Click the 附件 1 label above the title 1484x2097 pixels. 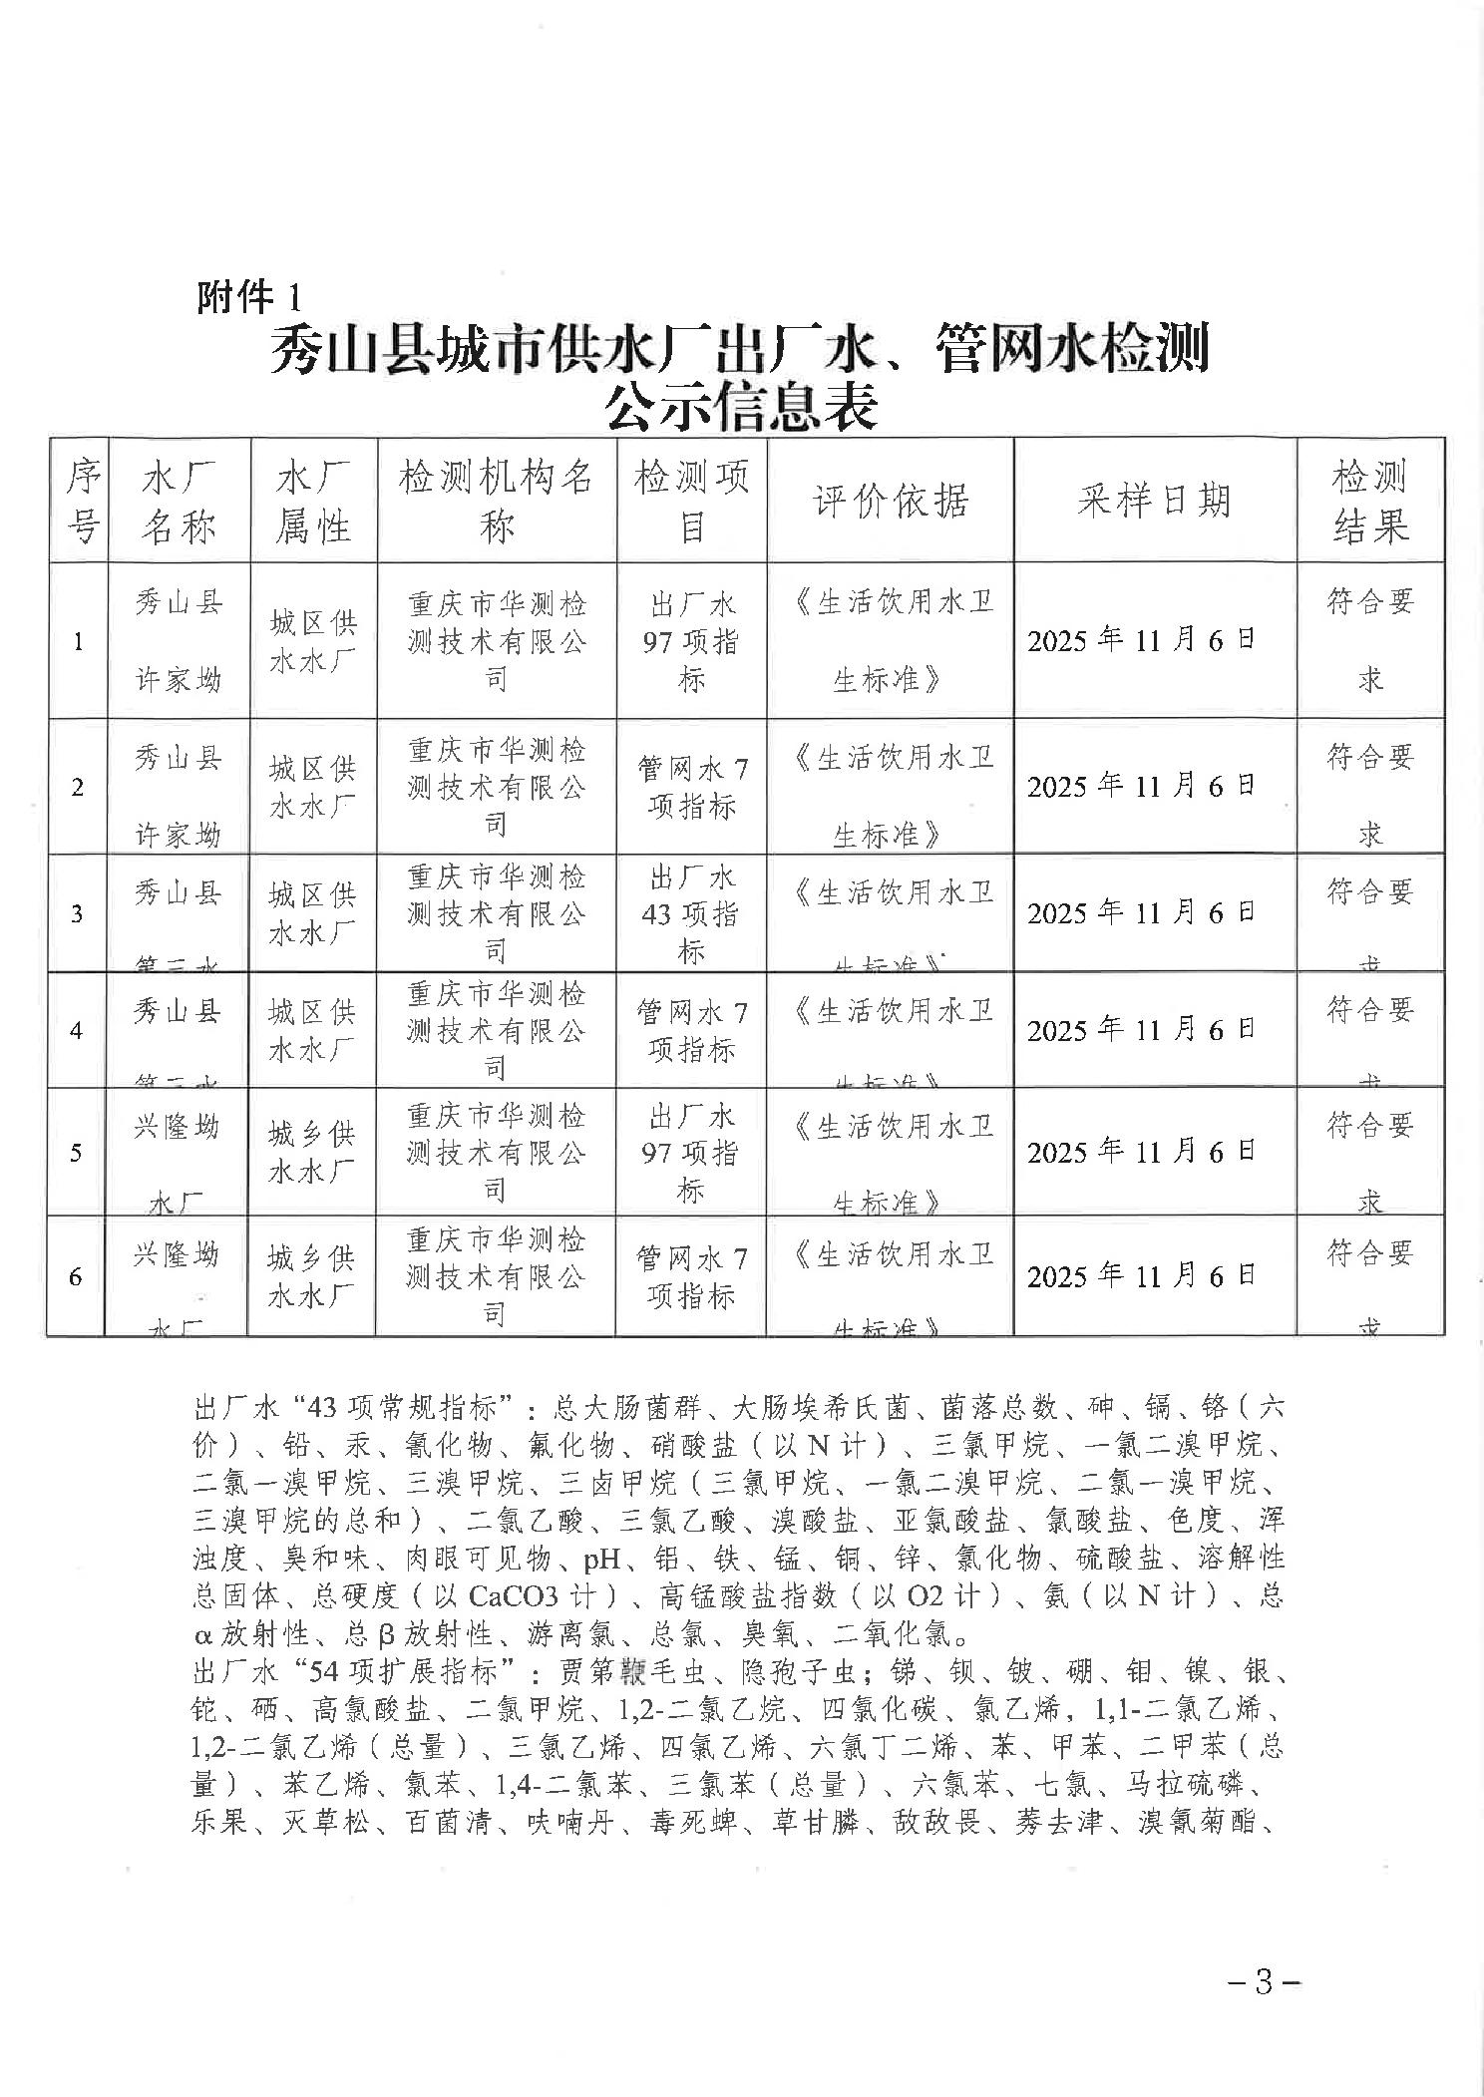pyautogui.click(x=247, y=296)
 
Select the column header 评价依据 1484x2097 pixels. pyautogui.click(x=890, y=501)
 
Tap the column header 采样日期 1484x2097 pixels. pyautogui.click(x=1154, y=501)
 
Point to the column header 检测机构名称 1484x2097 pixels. pyautogui.click(x=496, y=501)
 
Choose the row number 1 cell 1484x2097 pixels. pyautogui.click(x=78, y=641)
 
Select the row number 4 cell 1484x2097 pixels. pyautogui.click(x=77, y=1030)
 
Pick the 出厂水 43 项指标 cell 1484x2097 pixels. pyautogui.click(x=690, y=913)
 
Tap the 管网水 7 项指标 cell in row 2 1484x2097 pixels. pyautogui.click(x=691, y=787)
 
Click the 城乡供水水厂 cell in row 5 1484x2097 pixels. pyautogui.click(x=311, y=1152)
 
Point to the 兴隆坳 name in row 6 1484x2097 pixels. pyautogui.click(x=177, y=1255)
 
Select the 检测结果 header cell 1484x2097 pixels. pyautogui.click(x=1370, y=501)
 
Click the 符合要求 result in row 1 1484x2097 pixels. pyautogui.click(x=1370, y=640)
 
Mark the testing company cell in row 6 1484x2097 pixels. pyautogui.click(x=495, y=1276)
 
